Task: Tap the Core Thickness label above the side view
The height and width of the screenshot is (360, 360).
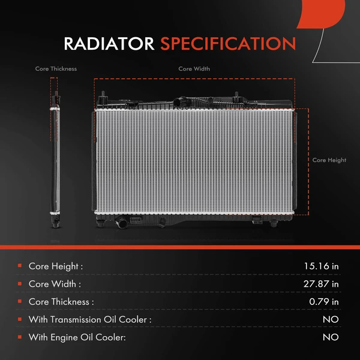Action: coord(56,69)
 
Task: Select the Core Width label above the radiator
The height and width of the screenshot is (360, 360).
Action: coord(194,69)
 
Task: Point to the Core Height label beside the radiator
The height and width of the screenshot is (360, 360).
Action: coord(329,160)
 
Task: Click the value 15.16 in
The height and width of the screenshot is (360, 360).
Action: coord(321,266)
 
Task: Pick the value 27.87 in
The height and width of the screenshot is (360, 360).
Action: coord(320,284)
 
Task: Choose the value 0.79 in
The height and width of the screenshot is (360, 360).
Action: coord(323,302)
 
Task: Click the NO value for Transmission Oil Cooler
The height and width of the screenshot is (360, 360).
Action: coord(330,320)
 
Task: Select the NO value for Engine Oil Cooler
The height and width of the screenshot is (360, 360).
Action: coord(330,338)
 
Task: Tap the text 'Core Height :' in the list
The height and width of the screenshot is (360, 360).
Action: coord(56,266)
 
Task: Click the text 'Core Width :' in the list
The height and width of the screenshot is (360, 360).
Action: coord(55,284)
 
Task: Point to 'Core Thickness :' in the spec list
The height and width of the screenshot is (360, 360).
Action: coord(61,302)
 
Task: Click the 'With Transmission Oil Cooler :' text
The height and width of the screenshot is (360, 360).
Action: coord(89,320)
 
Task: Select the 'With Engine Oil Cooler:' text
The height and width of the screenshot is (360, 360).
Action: coord(77,338)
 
